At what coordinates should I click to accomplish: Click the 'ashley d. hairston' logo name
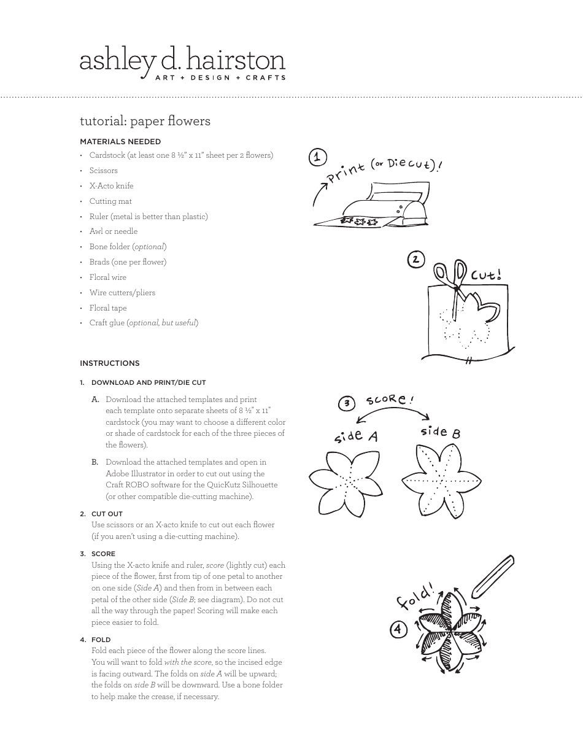pyautogui.click(x=182, y=61)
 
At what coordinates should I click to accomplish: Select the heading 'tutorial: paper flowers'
pyautogui.click(x=145, y=121)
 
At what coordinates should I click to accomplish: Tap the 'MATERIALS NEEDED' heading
pyautogui.click(x=120, y=141)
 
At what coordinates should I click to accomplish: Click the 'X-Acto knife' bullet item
pyautogui.click(x=111, y=186)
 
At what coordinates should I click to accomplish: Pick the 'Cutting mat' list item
pyautogui.click(x=110, y=201)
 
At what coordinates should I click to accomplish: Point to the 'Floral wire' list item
pyautogui.click(x=108, y=277)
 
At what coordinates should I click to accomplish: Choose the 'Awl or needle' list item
pyautogui.click(x=114, y=231)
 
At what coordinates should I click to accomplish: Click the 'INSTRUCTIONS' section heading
pyautogui.click(x=110, y=363)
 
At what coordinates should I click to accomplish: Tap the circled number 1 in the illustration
pyautogui.click(x=317, y=158)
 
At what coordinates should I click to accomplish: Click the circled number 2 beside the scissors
pyautogui.click(x=416, y=260)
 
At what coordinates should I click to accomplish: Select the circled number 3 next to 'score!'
pyautogui.click(x=347, y=403)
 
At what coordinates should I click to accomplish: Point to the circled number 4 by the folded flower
pyautogui.click(x=398, y=629)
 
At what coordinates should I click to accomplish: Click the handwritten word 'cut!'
pyautogui.click(x=486, y=274)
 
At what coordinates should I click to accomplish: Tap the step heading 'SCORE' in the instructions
pyautogui.click(x=103, y=554)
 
